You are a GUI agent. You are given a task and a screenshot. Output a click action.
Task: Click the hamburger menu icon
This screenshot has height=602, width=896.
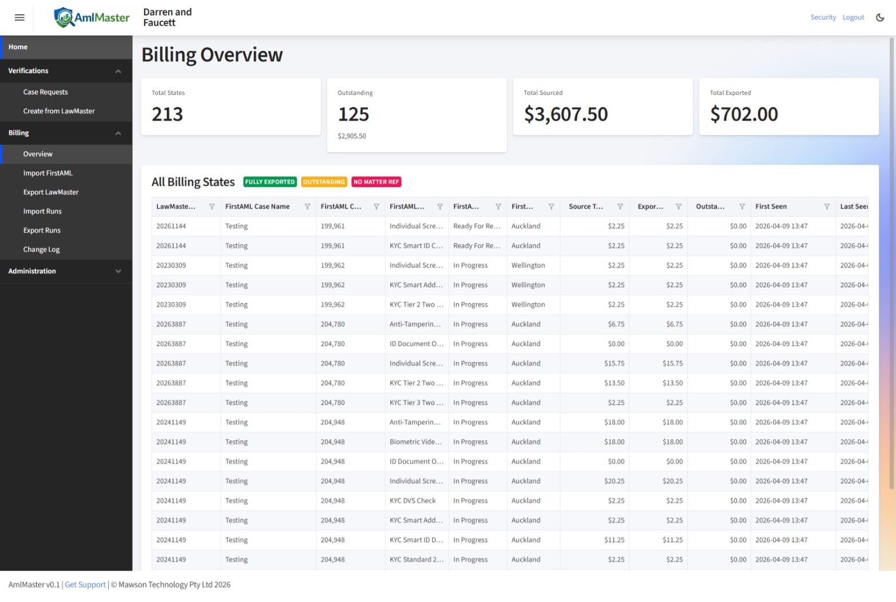(x=19, y=18)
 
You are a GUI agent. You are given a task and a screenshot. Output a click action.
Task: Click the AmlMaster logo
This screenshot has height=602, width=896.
(x=92, y=18)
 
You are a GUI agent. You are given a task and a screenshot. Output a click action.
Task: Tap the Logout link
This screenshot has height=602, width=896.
(x=853, y=18)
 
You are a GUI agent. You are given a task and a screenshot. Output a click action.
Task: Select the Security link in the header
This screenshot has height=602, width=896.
(x=823, y=18)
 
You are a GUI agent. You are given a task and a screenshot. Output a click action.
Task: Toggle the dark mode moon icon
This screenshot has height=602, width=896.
(x=880, y=18)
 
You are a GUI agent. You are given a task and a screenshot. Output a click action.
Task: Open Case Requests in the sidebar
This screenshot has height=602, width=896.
(x=45, y=92)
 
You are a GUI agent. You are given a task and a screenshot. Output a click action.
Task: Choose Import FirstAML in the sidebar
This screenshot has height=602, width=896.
(x=47, y=173)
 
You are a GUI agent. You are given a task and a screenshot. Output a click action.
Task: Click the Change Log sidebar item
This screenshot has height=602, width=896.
(x=41, y=250)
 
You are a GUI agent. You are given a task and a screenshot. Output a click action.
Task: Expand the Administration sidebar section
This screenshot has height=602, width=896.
(x=66, y=271)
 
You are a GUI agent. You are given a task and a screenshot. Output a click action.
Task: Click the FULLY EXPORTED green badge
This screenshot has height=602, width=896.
(x=269, y=182)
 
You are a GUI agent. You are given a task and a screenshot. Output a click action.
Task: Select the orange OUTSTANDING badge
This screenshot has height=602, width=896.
(x=324, y=182)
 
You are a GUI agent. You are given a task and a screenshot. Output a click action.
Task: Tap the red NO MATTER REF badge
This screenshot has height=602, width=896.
(x=376, y=182)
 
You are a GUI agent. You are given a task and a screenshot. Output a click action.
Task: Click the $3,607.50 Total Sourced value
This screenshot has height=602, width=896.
(x=566, y=114)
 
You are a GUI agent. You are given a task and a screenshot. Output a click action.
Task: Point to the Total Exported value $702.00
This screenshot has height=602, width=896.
(x=744, y=114)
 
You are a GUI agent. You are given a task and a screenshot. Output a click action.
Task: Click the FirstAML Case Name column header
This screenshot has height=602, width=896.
(x=257, y=206)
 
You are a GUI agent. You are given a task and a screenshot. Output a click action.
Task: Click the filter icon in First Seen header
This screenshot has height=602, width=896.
(x=827, y=206)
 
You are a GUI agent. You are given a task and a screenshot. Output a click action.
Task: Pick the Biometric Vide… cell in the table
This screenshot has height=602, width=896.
(x=415, y=442)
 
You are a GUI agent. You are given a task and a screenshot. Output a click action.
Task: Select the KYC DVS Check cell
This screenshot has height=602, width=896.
(x=413, y=501)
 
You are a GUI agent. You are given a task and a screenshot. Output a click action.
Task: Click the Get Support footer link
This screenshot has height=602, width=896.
(x=85, y=584)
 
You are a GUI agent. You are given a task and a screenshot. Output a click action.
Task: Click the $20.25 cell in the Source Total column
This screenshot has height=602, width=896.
(x=614, y=481)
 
